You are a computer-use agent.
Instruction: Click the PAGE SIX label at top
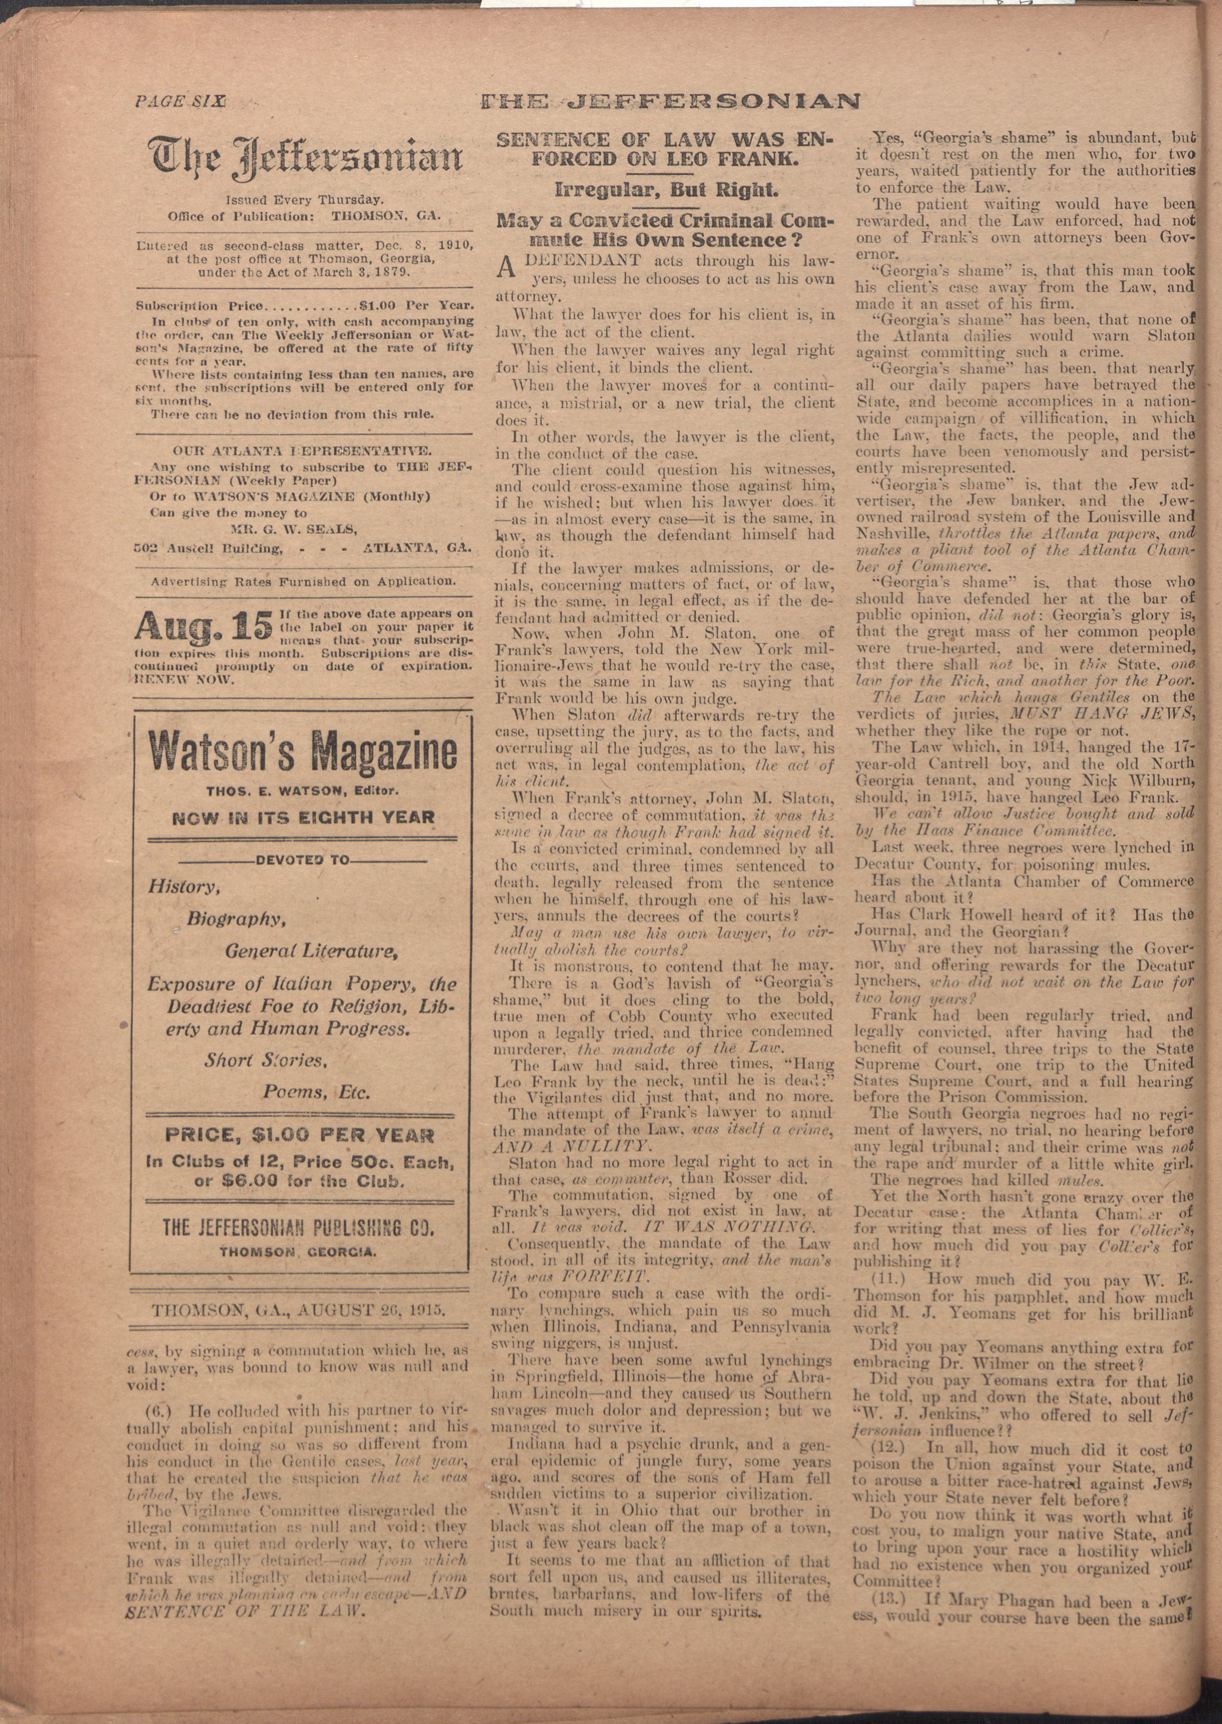click(180, 101)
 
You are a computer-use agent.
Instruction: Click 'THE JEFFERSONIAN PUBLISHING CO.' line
click(299, 1229)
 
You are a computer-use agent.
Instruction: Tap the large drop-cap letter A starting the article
click(506, 269)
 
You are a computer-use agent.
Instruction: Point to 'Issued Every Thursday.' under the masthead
click(305, 200)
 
